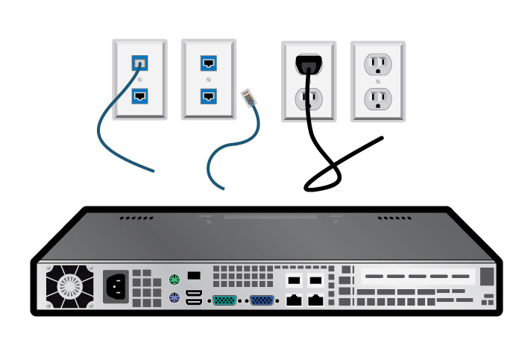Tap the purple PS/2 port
(x=173, y=300)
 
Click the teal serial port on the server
(x=224, y=301)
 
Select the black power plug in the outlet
(x=308, y=66)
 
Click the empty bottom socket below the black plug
(x=308, y=98)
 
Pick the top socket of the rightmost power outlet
(x=377, y=64)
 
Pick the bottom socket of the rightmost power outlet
(x=377, y=98)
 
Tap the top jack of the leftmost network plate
(x=139, y=63)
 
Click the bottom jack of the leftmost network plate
(x=139, y=95)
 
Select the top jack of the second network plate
(x=209, y=63)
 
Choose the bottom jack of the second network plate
(x=209, y=95)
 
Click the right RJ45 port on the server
(x=316, y=301)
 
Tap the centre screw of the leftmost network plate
(x=139, y=80)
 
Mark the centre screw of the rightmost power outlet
(x=377, y=80)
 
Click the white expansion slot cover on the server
(x=416, y=277)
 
